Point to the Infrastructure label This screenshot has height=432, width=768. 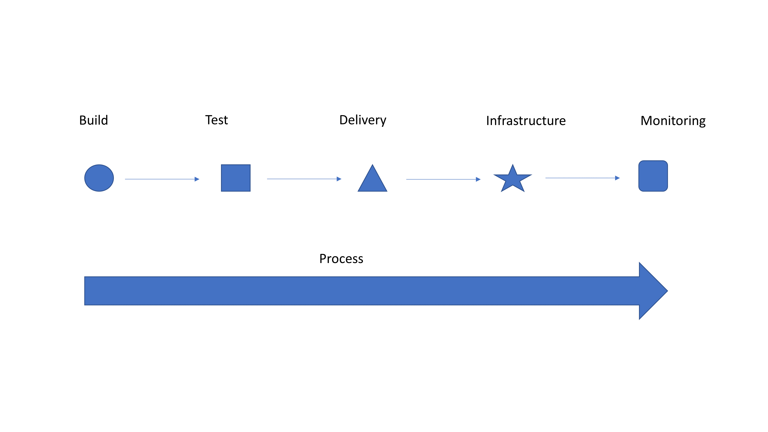click(x=526, y=121)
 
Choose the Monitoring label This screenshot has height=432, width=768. click(x=673, y=121)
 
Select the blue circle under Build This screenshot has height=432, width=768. click(x=99, y=178)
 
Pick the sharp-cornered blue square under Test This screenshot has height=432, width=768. click(x=236, y=178)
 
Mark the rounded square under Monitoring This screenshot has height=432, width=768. click(x=653, y=176)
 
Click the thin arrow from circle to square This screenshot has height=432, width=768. click(x=162, y=179)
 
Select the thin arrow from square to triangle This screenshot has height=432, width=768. click(x=304, y=179)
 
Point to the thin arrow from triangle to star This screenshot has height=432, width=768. click(x=443, y=179)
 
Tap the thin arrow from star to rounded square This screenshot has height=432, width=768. click(x=583, y=178)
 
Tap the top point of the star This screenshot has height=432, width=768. click(x=513, y=164)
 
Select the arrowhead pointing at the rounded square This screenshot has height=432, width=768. click(x=617, y=178)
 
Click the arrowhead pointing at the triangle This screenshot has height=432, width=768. click(x=339, y=179)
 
